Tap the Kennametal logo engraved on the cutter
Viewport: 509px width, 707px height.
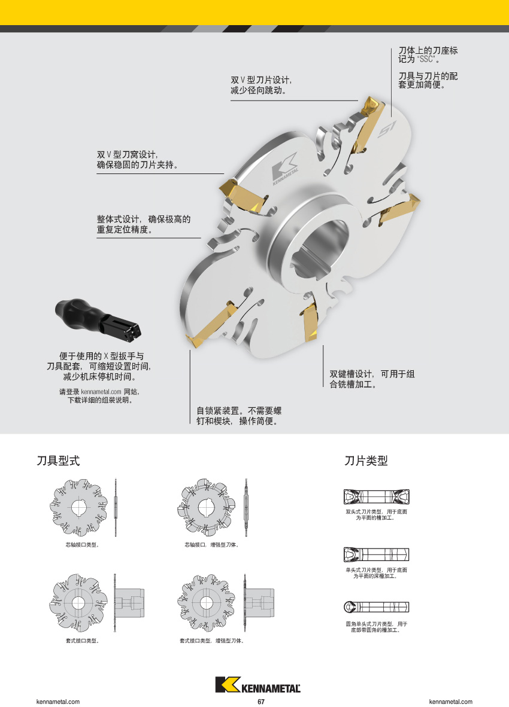tap(285, 169)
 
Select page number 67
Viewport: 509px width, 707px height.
tap(261, 702)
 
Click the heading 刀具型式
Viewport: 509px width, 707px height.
tap(58, 461)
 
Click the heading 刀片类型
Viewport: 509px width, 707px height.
tap(366, 461)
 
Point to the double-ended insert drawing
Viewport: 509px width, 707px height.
tap(376, 496)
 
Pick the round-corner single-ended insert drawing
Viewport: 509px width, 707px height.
tap(376, 607)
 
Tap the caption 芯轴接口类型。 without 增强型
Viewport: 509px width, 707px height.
tap(82, 545)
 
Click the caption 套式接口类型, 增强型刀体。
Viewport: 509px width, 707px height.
tap(211, 641)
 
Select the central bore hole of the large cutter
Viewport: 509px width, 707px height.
tap(320, 249)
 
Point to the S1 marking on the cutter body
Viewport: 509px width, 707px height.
tap(386, 130)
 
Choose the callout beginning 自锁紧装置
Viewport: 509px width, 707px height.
tap(239, 416)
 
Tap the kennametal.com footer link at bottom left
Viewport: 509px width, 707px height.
tap(57, 702)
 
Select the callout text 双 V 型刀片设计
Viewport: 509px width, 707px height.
tap(261, 80)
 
